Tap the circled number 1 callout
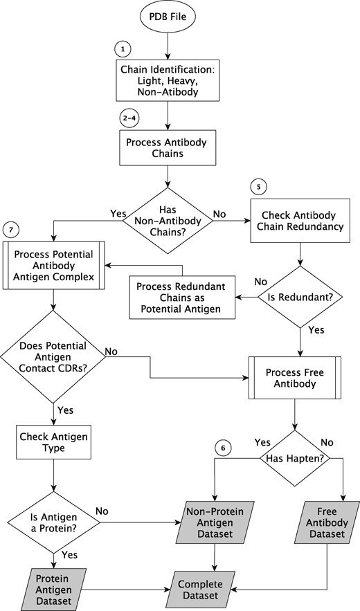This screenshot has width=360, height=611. pos(123,50)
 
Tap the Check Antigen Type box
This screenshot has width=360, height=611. pos(54,442)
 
